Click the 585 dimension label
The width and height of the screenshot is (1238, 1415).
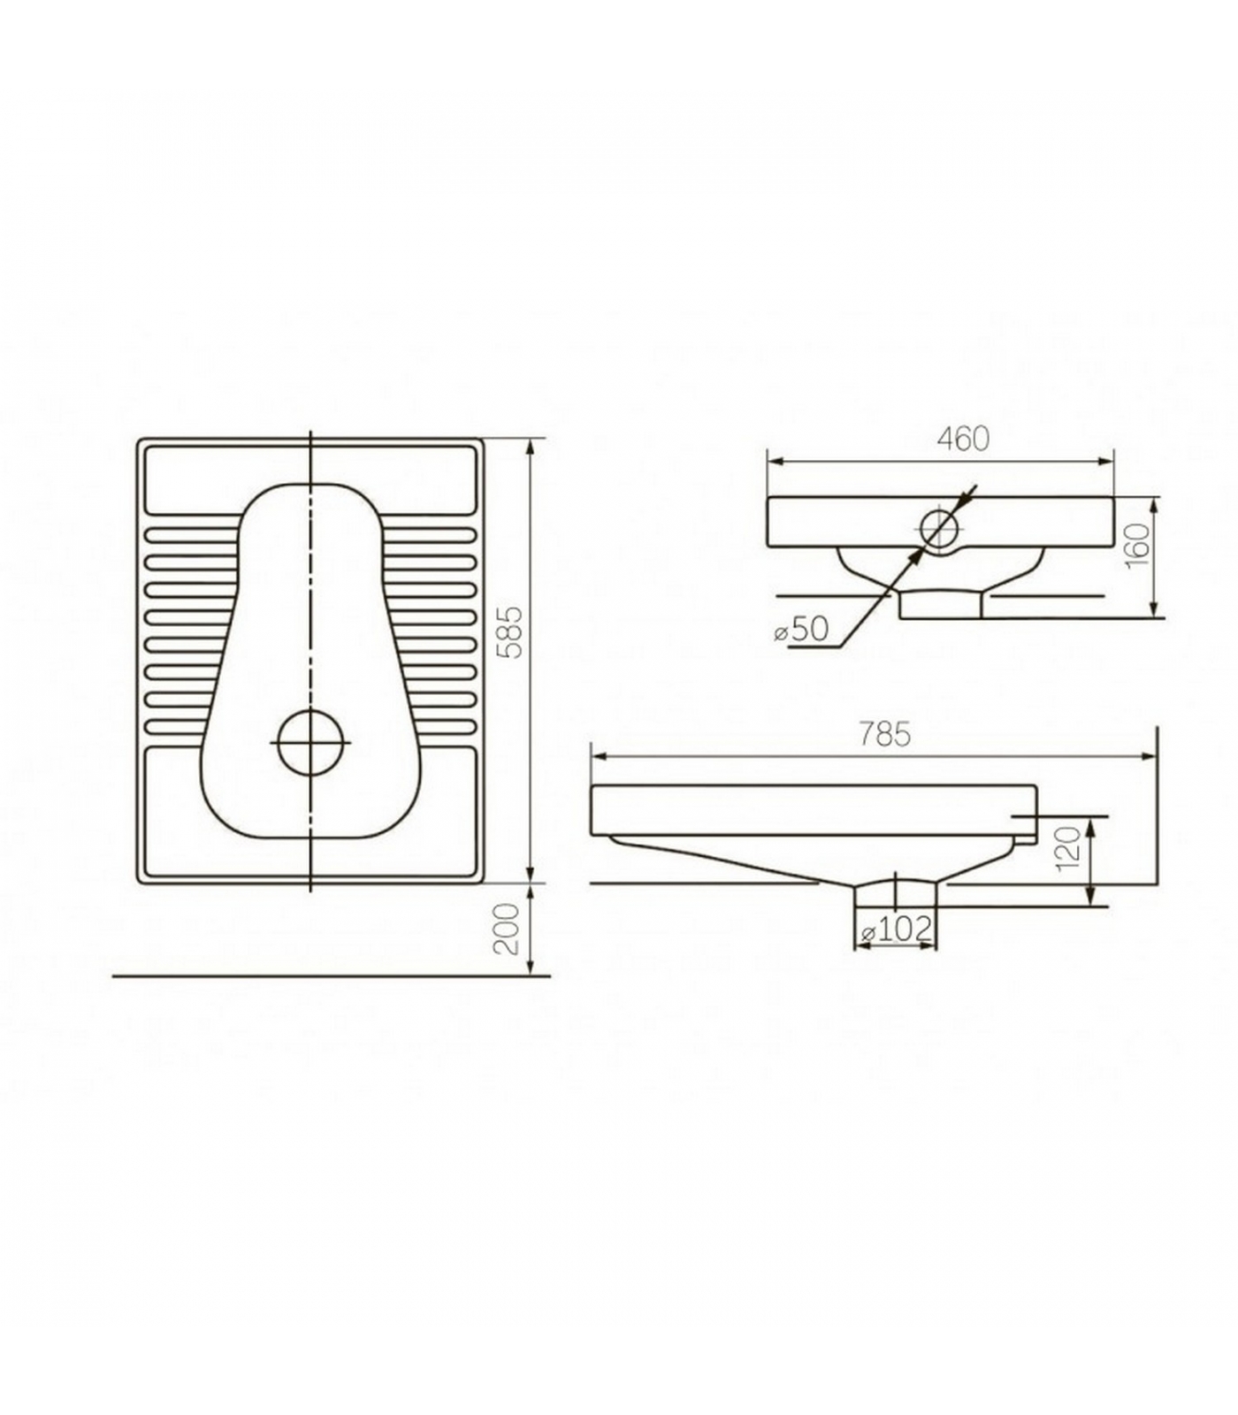tap(512, 631)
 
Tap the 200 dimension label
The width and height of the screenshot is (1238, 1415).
tap(507, 929)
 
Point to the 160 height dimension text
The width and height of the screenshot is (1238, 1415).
tap(1139, 546)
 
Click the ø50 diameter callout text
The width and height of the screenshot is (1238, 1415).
tap(801, 629)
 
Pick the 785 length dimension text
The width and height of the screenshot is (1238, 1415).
tap(884, 735)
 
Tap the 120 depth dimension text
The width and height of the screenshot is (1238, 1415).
tap(1069, 848)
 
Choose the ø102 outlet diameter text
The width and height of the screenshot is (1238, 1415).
tap(896, 929)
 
